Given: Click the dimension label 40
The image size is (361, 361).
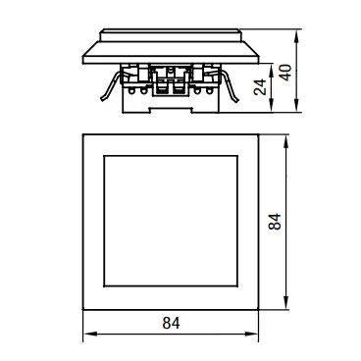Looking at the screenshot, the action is coord(285,73).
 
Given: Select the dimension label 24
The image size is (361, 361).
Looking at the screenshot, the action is coord(260,87).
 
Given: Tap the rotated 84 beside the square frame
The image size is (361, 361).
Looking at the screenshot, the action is coord(275,222).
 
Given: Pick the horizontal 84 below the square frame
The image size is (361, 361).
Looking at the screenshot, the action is coord(171,323).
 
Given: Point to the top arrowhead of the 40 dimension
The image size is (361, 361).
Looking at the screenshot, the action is coord(296,36).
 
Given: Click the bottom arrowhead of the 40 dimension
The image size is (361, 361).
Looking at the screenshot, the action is coord(296,106).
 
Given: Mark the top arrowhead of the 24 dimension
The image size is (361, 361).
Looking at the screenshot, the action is coord(272,70).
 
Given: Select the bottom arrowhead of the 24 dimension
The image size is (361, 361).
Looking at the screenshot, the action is coord(272,106).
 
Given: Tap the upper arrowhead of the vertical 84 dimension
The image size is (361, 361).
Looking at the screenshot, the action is coord(286,141).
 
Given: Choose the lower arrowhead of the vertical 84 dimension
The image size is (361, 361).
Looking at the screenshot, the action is coord(286,302).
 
